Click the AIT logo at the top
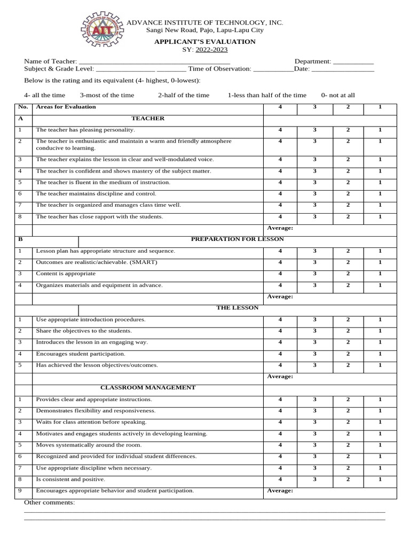102,32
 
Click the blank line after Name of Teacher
154,62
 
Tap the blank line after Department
353,62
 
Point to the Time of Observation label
219,69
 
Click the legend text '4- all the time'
45,95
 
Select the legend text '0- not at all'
338,95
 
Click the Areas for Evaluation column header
66,107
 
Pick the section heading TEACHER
148,119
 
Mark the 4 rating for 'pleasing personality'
280,130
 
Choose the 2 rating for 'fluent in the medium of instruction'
348,182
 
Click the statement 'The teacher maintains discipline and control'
96,193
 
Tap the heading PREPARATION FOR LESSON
238,239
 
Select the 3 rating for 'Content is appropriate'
314,273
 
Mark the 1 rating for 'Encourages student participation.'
380,354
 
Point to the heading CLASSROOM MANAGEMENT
148,387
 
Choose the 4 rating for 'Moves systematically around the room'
280,445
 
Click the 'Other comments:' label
50,503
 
